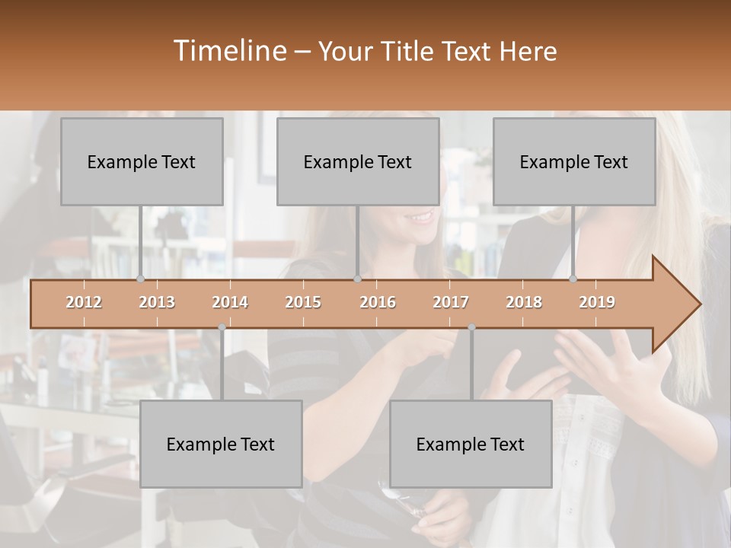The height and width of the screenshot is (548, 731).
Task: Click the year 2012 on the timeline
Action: point(84,302)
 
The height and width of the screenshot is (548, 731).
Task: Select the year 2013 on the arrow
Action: point(157,302)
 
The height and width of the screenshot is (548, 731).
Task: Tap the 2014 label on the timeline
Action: point(230,302)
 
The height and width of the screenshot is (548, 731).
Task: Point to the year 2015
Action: point(303,302)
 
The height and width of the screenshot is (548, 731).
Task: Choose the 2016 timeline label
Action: point(378,302)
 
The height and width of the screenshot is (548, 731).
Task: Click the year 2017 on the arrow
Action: point(451,302)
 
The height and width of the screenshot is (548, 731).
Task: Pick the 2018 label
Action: point(524,302)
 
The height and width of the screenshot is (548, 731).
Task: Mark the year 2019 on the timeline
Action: point(597,302)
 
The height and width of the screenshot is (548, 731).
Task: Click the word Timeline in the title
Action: point(229,51)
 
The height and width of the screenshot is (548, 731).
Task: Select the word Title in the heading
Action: point(407,52)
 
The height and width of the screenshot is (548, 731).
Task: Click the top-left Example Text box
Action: point(142,161)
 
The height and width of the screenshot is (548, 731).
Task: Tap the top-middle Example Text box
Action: point(358,161)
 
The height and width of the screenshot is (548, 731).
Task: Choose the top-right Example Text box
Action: point(574,161)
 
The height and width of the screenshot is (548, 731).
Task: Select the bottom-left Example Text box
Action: point(221,444)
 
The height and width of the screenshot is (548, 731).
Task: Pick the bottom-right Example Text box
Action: point(471,444)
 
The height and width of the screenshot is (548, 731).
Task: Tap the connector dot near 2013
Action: point(140,279)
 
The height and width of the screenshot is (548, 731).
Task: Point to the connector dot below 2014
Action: point(222,327)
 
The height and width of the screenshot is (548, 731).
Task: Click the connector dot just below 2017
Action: point(471,327)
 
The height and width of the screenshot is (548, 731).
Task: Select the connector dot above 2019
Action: point(573,279)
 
